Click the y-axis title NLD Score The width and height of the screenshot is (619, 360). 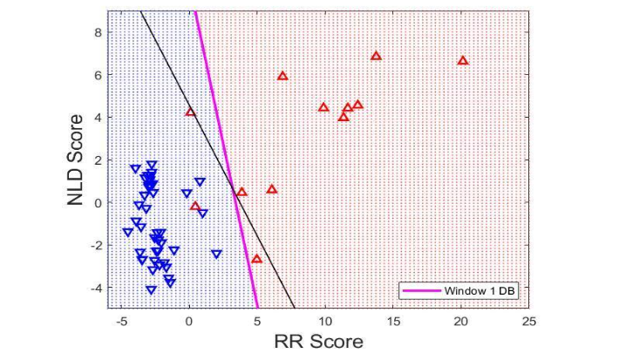pyautogui.click(x=77, y=159)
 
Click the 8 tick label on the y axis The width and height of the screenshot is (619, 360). pyautogui.click(x=99, y=32)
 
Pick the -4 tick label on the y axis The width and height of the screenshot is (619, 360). pyautogui.click(x=96, y=288)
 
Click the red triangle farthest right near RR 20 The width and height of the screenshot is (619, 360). pyautogui.click(x=463, y=61)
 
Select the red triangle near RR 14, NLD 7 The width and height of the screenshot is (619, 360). pyautogui.click(x=376, y=56)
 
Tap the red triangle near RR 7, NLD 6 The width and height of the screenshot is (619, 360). pyautogui.click(x=282, y=77)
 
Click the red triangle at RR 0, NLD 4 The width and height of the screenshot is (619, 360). pyautogui.click(x=190, y=112)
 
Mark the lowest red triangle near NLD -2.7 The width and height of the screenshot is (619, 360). pyautogui.click(x=256, y=259)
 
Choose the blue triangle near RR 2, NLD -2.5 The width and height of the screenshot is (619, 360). pyautogui.click(x=216, y=255)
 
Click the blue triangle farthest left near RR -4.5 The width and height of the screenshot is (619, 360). pyautogui.click(x=127, y=233)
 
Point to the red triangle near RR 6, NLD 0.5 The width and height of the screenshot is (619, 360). pyautogui.click(x=271, y=189)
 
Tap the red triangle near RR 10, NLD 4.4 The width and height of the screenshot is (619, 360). pyautogui.click(x=323, y=108)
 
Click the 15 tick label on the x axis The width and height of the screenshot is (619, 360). pyautogui.click(x=393, y=321)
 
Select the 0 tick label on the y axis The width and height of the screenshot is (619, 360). pyautogui.click(x=99, y=202)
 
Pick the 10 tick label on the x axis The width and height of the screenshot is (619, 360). pyautogui.click(x=325, y=321)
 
